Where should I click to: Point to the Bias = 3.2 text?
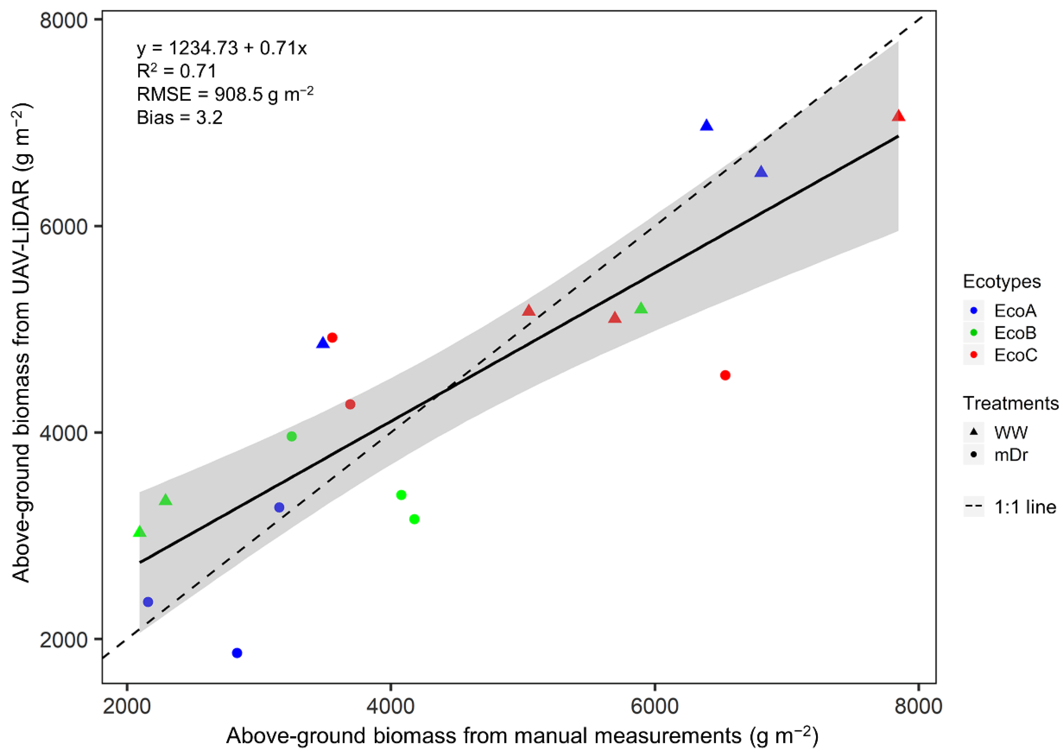coord(179,118)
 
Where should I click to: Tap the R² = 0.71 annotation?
coord(176,71)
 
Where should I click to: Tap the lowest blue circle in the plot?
coord(237,653)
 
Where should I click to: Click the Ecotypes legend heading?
coord(1002,281)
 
